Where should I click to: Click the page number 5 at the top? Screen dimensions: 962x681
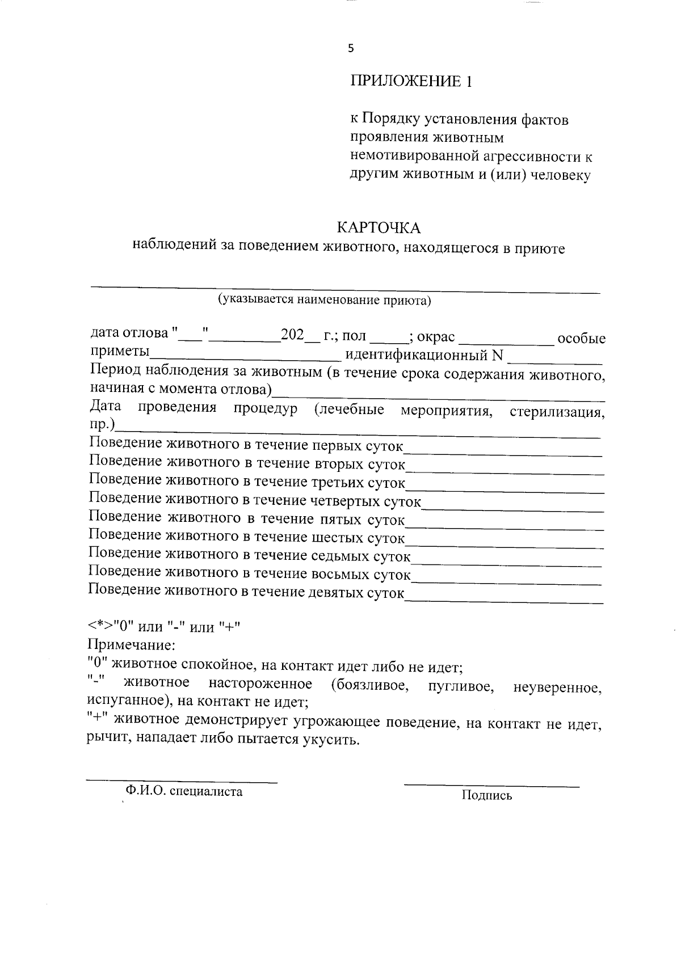(350, 49)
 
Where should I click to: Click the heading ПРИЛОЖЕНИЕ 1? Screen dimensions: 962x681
(410, 81)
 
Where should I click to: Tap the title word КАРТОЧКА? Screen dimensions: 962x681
(379, 228)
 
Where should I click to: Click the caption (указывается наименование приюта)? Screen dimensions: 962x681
(325, 300)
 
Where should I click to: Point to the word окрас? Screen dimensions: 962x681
(436, 337)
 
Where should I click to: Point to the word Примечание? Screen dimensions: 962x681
(131, 645)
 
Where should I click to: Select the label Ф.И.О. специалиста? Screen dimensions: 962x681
(184, 791)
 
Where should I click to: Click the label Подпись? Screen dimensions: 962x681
(487, 795)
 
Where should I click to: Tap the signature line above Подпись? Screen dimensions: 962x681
(491, 786)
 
